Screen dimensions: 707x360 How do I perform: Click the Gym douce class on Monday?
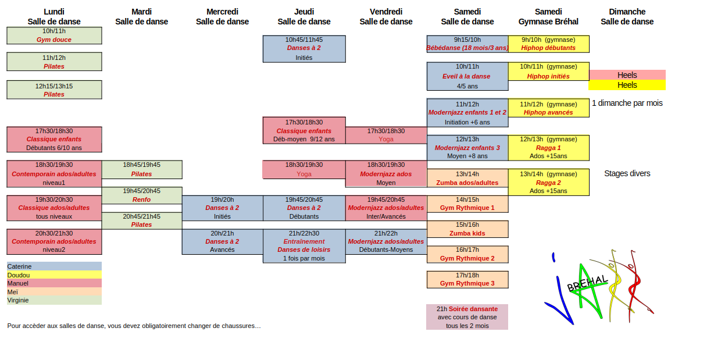tap(54, 35)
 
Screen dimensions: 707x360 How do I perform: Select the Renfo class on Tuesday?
tap(142, 195)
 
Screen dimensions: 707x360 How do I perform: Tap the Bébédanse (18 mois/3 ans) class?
tap(467, 44)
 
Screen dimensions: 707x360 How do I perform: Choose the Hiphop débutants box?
tap(548, 44)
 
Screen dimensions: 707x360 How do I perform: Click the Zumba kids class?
tap(467, 229)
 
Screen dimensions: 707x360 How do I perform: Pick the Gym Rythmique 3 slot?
tap(467, 280)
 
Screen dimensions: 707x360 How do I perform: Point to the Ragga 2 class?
tap(548, 182)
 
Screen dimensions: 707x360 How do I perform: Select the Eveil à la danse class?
tap(467, 76)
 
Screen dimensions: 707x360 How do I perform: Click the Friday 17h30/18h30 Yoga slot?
tap(386, 135)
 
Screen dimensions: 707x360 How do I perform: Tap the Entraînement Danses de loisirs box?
tap(304, 245)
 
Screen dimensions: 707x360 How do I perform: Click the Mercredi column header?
tap(222, 17)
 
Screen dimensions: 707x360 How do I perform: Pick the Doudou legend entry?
tap(54, 275)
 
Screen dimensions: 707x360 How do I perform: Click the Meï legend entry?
tap(54, 291)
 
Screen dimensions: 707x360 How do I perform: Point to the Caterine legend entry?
tap(54, 266)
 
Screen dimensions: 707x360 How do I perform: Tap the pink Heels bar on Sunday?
tap(627, 75)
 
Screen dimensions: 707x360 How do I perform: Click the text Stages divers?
tap(627, 173)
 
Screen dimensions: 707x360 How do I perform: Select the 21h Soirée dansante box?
tap(467, 317)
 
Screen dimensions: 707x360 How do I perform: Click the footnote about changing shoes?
tap(134, 326)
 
